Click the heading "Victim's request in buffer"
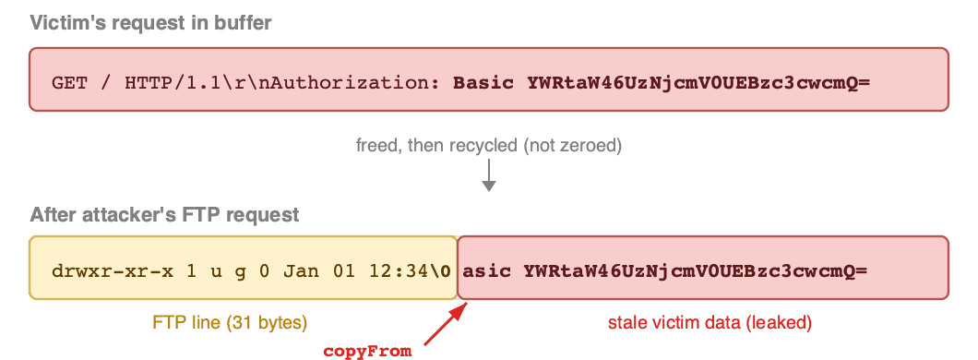coord(151,23)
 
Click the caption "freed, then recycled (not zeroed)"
coord(489,146)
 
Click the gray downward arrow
coord(489,174)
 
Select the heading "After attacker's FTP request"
coord(164,215)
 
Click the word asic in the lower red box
coord(487,271)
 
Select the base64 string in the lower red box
coord(696,271)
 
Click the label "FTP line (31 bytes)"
coord(230,322)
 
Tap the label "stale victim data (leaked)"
coord(710,322)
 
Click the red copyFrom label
coord(367,352)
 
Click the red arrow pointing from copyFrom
coord(446,323)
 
